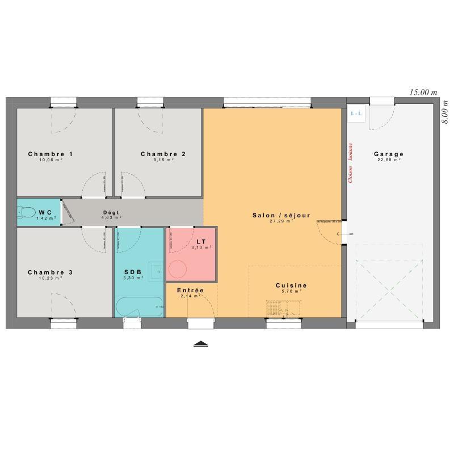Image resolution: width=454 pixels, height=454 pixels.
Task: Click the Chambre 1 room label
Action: [x=51, y=154]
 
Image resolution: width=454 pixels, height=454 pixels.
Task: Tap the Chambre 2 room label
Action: [x=163, y=154]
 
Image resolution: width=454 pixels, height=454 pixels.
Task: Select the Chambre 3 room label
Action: [x=51, y=272]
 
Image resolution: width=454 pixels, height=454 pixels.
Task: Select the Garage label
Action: [x=389, y=154]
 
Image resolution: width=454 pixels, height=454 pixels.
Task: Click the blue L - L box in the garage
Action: [x=356, y=113]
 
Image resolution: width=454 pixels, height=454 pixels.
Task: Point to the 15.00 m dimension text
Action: [x=424, y=92]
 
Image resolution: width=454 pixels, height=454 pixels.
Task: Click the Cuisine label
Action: [x=291, y=285]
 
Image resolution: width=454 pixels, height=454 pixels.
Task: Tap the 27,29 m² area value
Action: [x=281, y=221]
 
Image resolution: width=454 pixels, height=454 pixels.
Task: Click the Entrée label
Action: [x=190, y=290]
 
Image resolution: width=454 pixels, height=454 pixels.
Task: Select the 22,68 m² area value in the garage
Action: [x=389, y=159]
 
